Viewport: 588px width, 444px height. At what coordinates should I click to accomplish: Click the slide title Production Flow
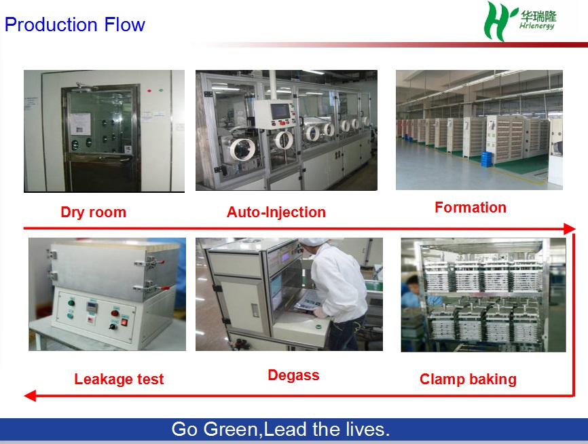[x=75, y=24]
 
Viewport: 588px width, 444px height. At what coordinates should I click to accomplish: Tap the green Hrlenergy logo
[x=519, y=20]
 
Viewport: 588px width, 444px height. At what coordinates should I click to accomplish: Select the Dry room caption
[x=94, y=212]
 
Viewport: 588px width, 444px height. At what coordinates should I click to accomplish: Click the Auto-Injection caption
[x=276, y=212]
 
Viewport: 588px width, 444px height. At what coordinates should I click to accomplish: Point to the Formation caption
[x=471, y=207]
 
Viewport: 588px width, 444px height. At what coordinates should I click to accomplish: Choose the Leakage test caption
[x=119, y=379]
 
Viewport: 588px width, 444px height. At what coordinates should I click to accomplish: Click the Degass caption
[x=293, y=375]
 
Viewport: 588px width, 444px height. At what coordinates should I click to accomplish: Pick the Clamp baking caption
[x=468, y=379]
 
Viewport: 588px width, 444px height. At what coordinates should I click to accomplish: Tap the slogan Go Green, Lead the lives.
[x=280, y=429]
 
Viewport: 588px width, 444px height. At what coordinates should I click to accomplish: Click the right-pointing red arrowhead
[x=569, y=228]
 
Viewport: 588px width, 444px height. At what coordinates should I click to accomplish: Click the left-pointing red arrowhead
[x=30, y=396]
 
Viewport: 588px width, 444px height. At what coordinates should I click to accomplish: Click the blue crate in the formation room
[x=486, y=159]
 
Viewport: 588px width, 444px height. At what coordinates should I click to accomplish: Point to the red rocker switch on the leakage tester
[x=124, y=322]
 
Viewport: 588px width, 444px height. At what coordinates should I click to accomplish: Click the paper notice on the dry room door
[x=80, y=124]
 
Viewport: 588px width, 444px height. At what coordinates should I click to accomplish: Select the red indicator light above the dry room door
[x=149, y=91]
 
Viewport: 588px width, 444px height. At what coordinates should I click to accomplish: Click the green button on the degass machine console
[x=319, y=326]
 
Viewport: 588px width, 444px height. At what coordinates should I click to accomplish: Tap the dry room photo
[x=105, y=131]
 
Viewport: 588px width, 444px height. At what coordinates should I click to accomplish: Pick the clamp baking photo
[x=483, y=295]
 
